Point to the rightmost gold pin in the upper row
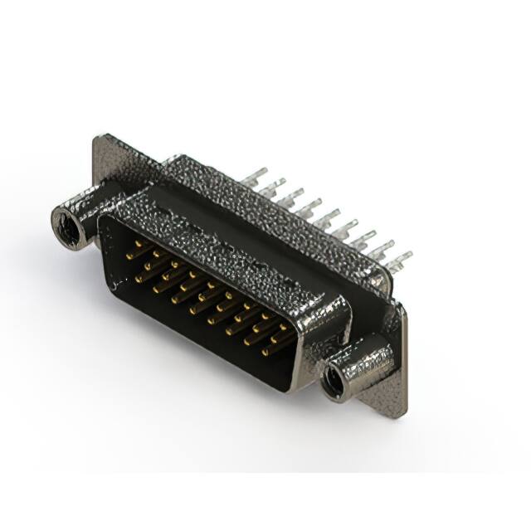point(286,328)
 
